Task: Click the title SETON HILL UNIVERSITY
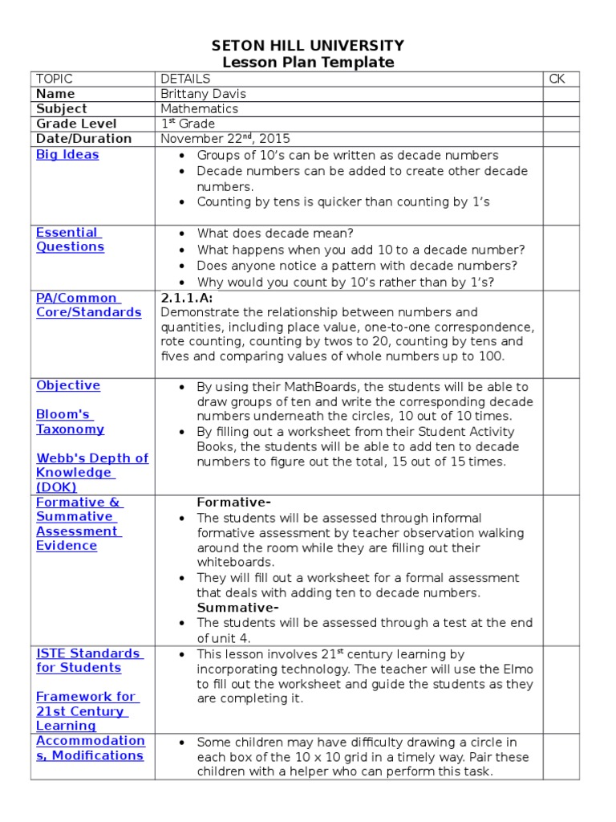click(308, 46)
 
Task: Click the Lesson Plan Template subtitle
click(308, 63)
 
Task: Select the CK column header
click(557, 79)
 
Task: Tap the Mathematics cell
click(199, 108)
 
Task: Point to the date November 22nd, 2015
click(225, 138)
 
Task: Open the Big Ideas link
click(67, 155)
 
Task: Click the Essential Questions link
click(70, 240)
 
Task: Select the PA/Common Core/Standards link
click(88, 305)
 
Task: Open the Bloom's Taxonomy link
click(70, 422)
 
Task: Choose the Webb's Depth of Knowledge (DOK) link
click(91, 473)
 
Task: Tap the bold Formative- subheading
click(234, 503)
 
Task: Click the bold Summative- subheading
click(238, 608)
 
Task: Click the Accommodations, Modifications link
click(90, 748)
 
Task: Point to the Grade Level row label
click(76, 124)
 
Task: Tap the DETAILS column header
click(185, 79)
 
